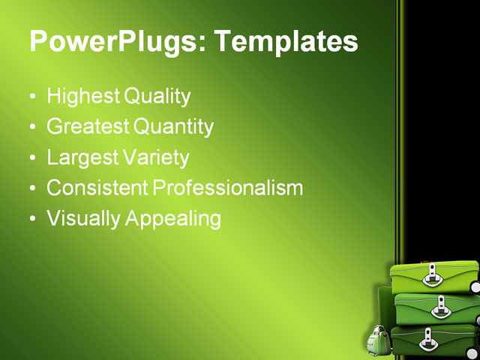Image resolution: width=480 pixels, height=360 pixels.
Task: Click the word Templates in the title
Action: (x=286, y=42)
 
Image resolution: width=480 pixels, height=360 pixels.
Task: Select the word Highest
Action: (x=82, y=96)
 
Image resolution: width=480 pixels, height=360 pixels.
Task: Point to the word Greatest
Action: (x=87, y=127)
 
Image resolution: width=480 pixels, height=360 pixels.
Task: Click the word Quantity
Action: (x=173, y=127)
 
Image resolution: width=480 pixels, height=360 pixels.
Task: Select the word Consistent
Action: (x=97, y=188)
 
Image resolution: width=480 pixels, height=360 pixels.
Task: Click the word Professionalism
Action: (x=228, y=188)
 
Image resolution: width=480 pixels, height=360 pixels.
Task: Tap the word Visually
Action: (x=83, y=219)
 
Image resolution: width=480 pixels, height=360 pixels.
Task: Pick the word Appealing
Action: (x=173, y=220)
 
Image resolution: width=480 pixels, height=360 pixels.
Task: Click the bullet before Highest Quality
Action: (x=31, y=97)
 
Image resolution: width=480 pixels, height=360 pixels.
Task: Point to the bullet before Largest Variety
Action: (x=31, y=159)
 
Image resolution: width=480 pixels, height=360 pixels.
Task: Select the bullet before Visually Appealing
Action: (x=31, y=220)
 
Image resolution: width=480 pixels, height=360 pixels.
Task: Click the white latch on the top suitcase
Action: (x=432, y=277)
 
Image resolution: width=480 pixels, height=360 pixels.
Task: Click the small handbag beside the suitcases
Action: (x=377, y=342)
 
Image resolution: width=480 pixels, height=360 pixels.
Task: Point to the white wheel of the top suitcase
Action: (x=475, y=286)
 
